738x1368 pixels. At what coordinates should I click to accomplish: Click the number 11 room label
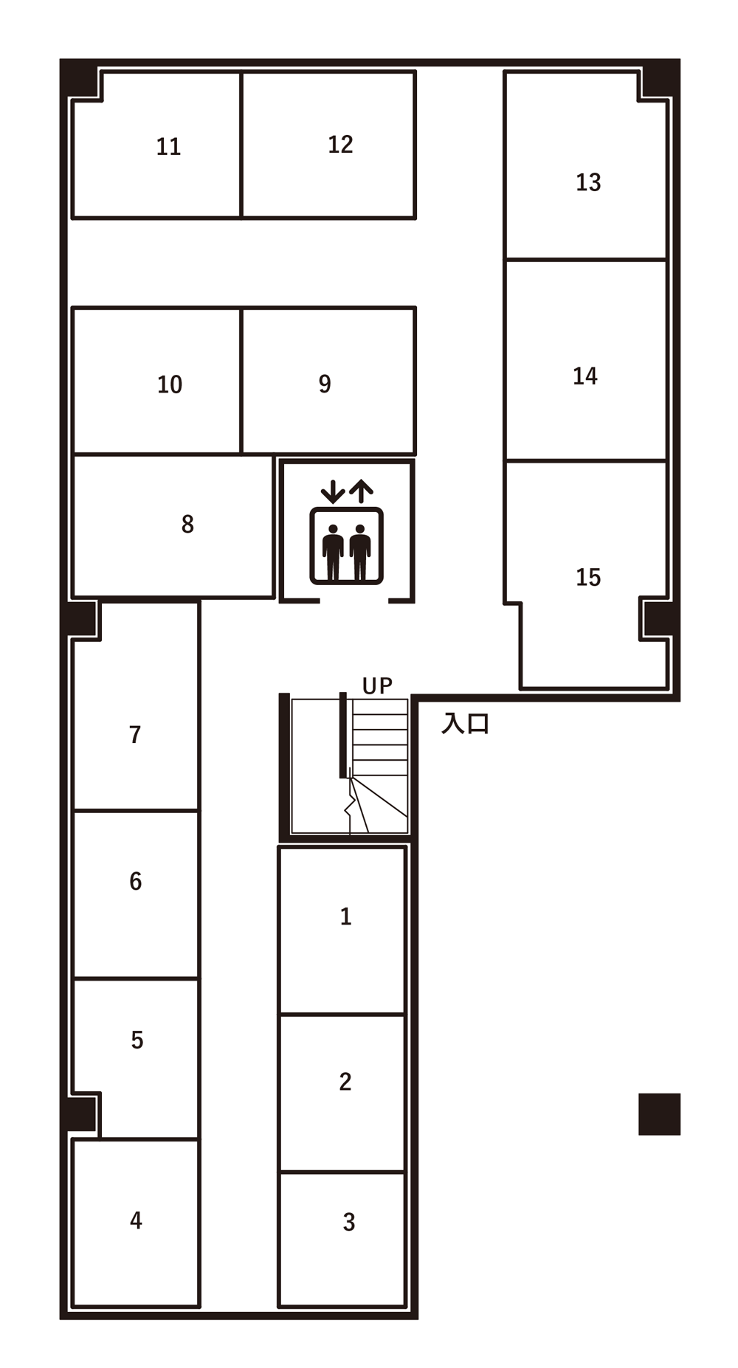(x=168, y=147)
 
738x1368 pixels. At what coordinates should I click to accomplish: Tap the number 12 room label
(x=340, y=145)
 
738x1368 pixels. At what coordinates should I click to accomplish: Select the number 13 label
(x=588, y=182)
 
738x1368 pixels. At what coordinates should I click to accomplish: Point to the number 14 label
(x=585, y=376)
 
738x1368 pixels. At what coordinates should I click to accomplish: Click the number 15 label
(x=588, y=577)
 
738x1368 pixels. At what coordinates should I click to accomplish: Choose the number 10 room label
(x=170, y=384)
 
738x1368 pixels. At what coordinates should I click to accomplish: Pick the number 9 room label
(x=325, y=384)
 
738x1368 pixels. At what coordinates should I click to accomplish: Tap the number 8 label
(x=187, y=524)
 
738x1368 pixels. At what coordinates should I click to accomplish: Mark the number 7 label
(x=135, y=735)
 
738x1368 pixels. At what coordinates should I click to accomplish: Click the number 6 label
(x=136, y=881)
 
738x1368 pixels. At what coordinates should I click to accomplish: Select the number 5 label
(x=137, y=1040)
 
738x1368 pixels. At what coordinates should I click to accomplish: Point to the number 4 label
(x=136, y=1220)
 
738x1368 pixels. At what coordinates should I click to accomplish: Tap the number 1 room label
(x=345, y=916)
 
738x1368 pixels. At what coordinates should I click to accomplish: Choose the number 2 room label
(x=345, y=1082)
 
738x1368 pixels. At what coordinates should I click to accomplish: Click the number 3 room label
(x=349, y=1222)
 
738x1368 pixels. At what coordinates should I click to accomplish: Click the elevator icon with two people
(x=346, y=546)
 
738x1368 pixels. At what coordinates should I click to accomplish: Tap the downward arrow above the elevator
(x=333, y=491)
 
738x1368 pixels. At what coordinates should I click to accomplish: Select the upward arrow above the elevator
(x=361, y=491)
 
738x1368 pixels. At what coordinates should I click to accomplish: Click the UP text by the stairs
(x=377, y=686)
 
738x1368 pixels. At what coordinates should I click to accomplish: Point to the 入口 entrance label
(x=465, y=723)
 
